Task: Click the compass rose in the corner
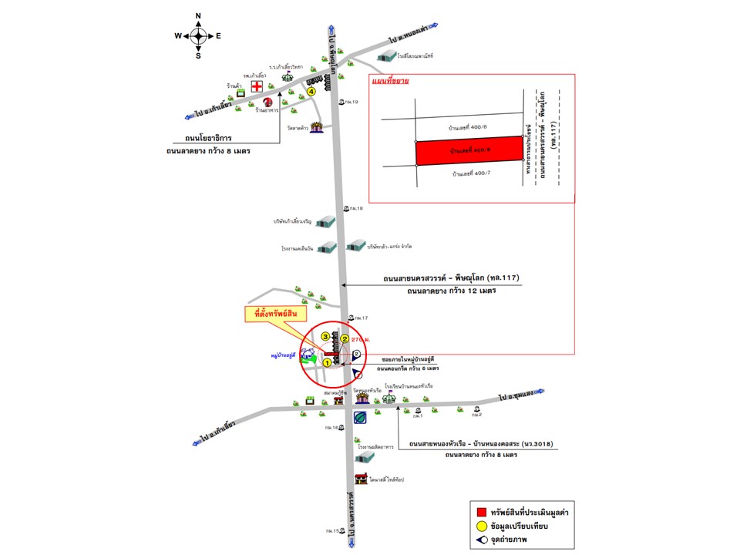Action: coord(198,35)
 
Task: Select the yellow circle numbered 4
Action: coord(311,91)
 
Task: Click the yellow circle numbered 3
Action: coord(326,337)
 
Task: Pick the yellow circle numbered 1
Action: coord(327,362)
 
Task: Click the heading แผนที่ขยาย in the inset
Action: coord(389,80)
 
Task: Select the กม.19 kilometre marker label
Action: coord(352,102)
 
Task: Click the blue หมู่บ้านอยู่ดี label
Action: coord(285,357)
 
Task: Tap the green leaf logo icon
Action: coord(360,417)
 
